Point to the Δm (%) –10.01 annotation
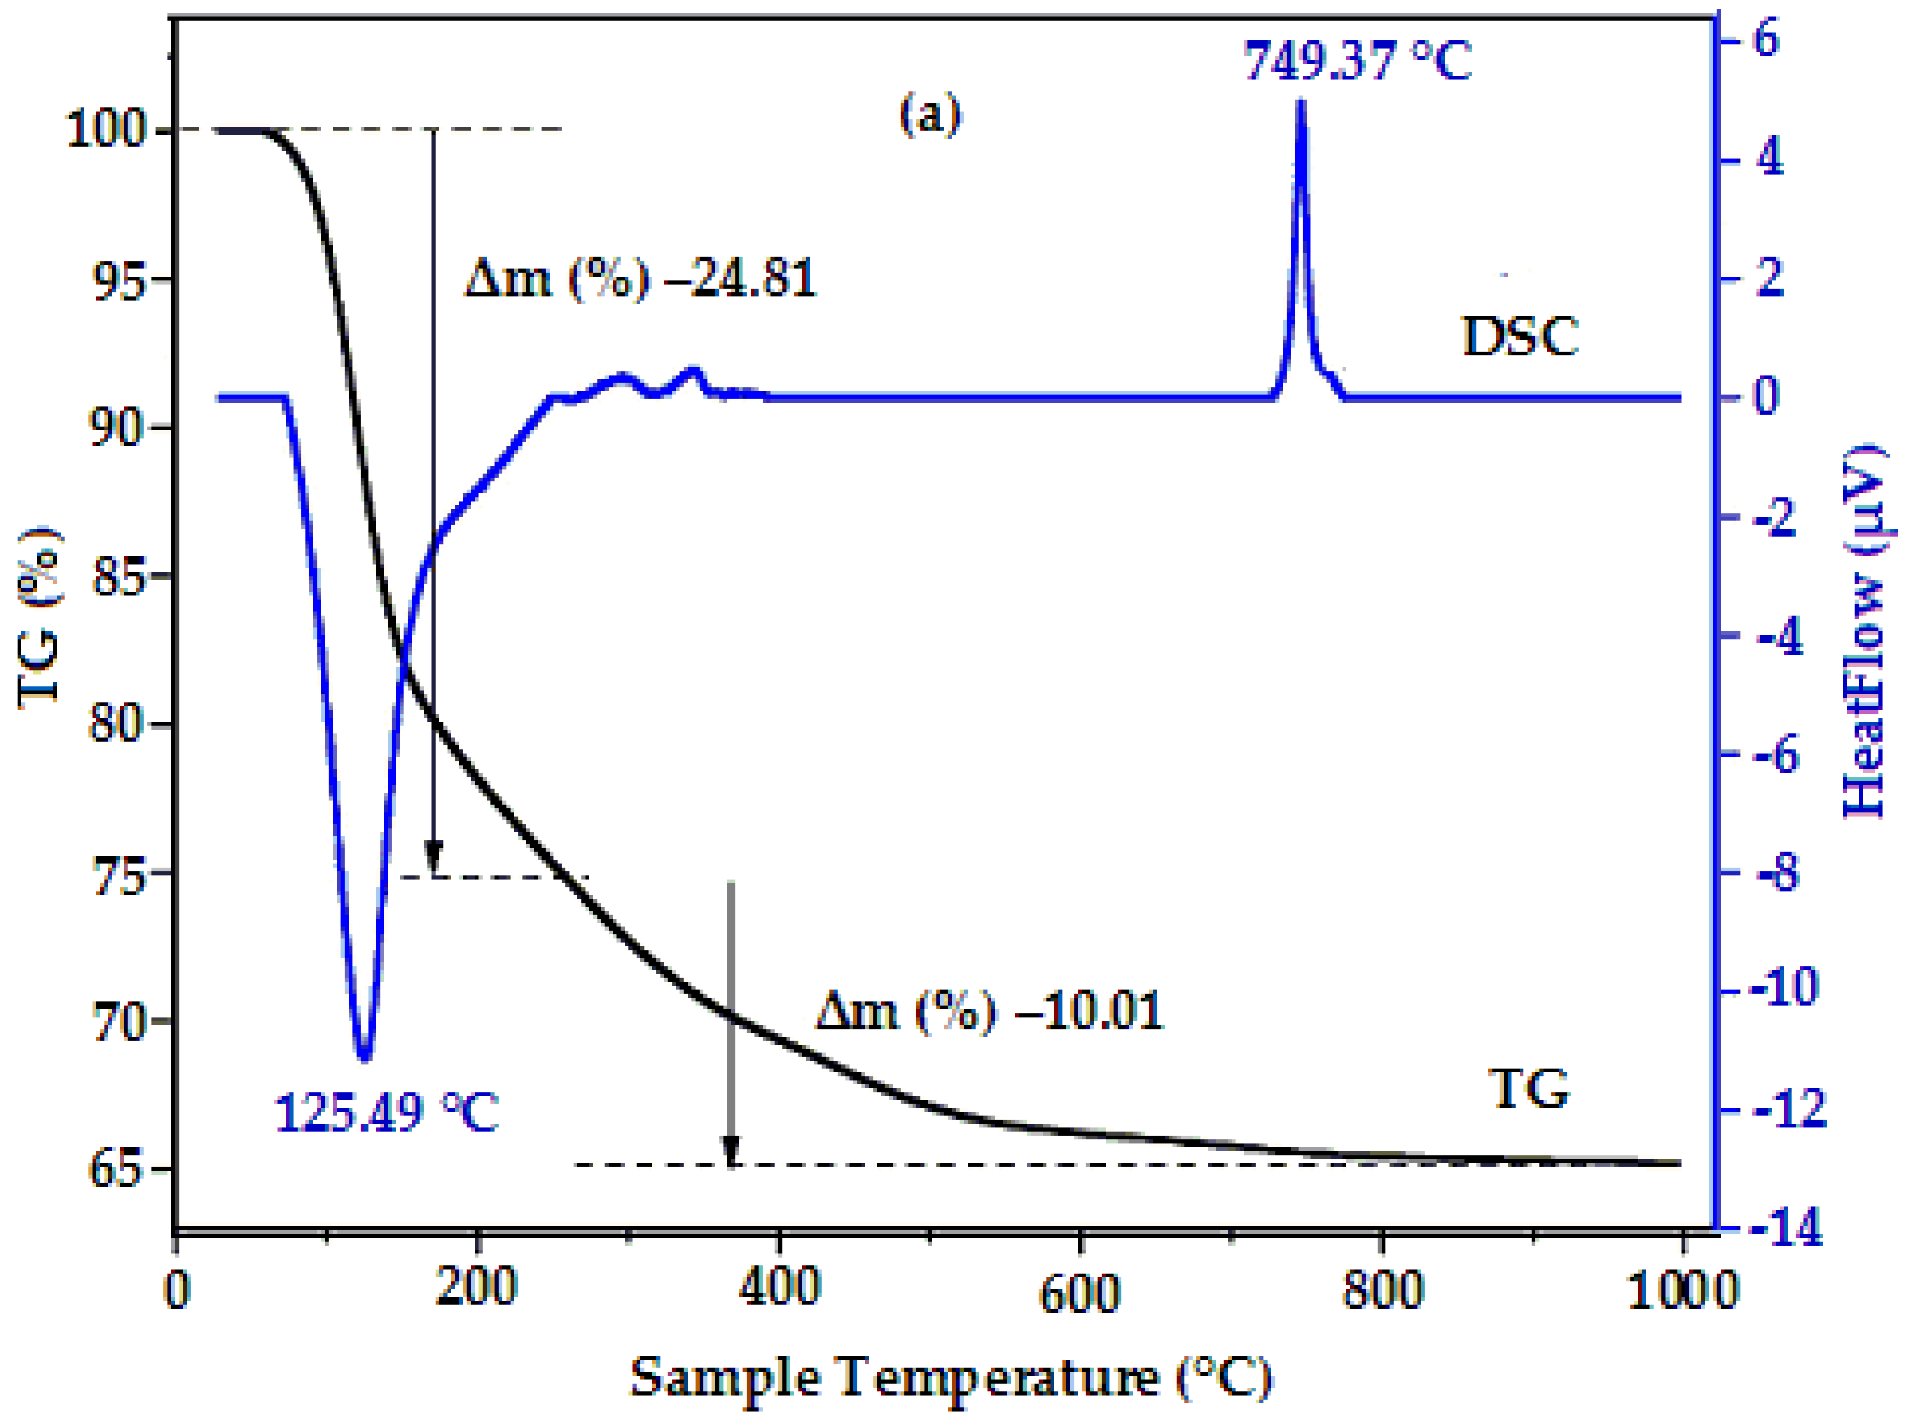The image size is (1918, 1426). (989, 1010)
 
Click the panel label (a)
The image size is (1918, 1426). (929, 115)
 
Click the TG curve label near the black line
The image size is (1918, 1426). (1528, 1090)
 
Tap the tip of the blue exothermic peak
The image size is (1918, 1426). (1300, 103)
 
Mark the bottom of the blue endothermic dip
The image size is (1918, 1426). (364, 1057)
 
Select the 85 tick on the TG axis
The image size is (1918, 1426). (118, 576)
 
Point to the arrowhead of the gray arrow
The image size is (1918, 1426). (731, 1154)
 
